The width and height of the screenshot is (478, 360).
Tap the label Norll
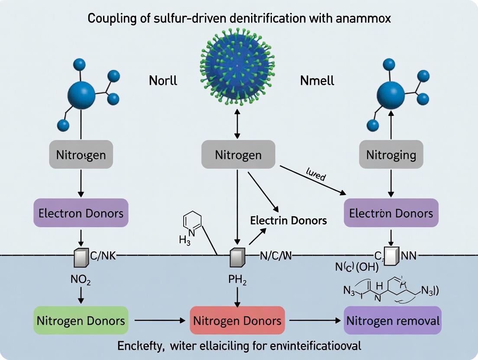click(163, 81)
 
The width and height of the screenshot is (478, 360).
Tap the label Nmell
click(317, 81)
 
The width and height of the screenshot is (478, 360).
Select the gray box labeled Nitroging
click(391, 154)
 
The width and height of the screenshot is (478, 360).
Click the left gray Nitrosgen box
click(81, 154)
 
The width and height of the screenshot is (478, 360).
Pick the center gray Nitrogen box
click(239, 154)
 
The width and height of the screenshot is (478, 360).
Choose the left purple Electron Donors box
click(81, 213)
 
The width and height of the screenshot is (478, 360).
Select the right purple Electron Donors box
click(391, 213)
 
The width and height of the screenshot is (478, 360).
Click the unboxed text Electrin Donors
click(288, 220)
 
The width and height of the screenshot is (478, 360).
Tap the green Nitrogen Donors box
click(81, 321)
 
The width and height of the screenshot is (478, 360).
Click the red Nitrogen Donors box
click(237, 321)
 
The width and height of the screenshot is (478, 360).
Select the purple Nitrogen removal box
click(392, 321)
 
